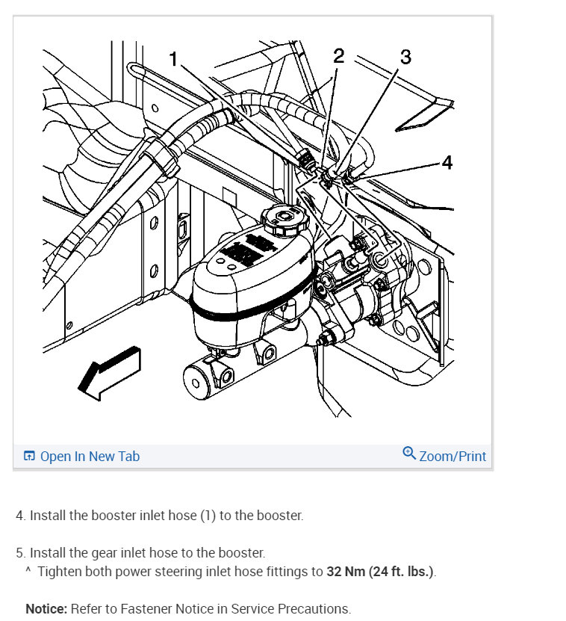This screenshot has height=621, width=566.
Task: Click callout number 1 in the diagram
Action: (174, 59)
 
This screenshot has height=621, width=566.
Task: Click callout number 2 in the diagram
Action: (338, 56)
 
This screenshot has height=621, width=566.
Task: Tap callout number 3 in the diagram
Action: (405, 57)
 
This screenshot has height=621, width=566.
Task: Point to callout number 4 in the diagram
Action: (447, 162)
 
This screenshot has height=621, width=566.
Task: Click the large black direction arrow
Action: (109, 371)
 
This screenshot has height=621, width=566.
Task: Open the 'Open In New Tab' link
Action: (90, 456)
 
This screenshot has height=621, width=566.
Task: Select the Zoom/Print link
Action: (453, 456)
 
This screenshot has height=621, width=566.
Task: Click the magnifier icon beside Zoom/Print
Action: (408, 454)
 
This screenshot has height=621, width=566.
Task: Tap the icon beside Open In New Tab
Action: (29, 456)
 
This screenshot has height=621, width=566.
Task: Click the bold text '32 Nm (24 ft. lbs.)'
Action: (380, 572)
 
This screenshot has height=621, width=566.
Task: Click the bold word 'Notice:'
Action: (46, 608)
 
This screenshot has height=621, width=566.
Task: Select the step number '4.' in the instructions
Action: (21, 516)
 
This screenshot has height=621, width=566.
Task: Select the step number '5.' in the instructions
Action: (21, 553)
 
